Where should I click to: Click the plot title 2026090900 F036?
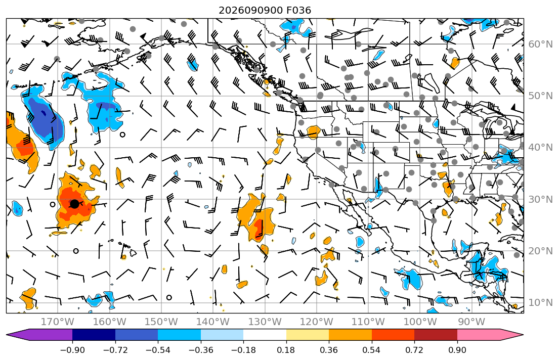click(x=265, y=10)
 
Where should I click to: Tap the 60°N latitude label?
click(x=540, y=44)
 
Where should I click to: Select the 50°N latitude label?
click(x=540, y=96)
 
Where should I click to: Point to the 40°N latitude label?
click(x=540, y=148)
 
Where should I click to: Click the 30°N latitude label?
click(x=540, y=199)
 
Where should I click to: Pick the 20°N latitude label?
click(x=540, y=251)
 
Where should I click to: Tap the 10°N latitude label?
click(x=540, y=303)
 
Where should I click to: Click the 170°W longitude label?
click(x=58, y=322)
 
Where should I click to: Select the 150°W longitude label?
click(x=161, y=322)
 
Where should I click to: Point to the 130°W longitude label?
click(x=265, y=322)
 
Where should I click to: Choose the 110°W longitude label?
click(x=368, y=322)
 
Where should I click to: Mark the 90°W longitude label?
click(x=471, y=322)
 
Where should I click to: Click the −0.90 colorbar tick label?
click(x=72, y=350)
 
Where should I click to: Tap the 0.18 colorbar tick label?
click(x=286, y=350)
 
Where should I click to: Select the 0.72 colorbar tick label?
click(x=414, y=350)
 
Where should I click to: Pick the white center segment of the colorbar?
click(x=265, y=335)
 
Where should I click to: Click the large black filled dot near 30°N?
click(x=74, y=204)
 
